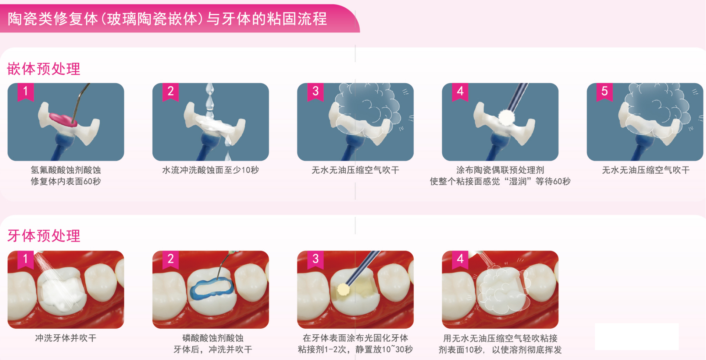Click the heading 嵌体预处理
pos(44,69)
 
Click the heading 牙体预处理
pos(44,236)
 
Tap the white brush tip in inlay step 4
pos(507,117)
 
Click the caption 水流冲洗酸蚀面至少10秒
pos(211,170)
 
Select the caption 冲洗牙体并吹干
pos(66,338)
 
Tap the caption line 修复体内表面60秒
pos(66,181)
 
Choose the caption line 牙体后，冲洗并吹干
pos(213,349)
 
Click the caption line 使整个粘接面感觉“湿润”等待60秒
pos(500,181)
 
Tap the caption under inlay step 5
pos(646,170)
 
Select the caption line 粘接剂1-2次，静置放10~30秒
pos(355,349)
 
